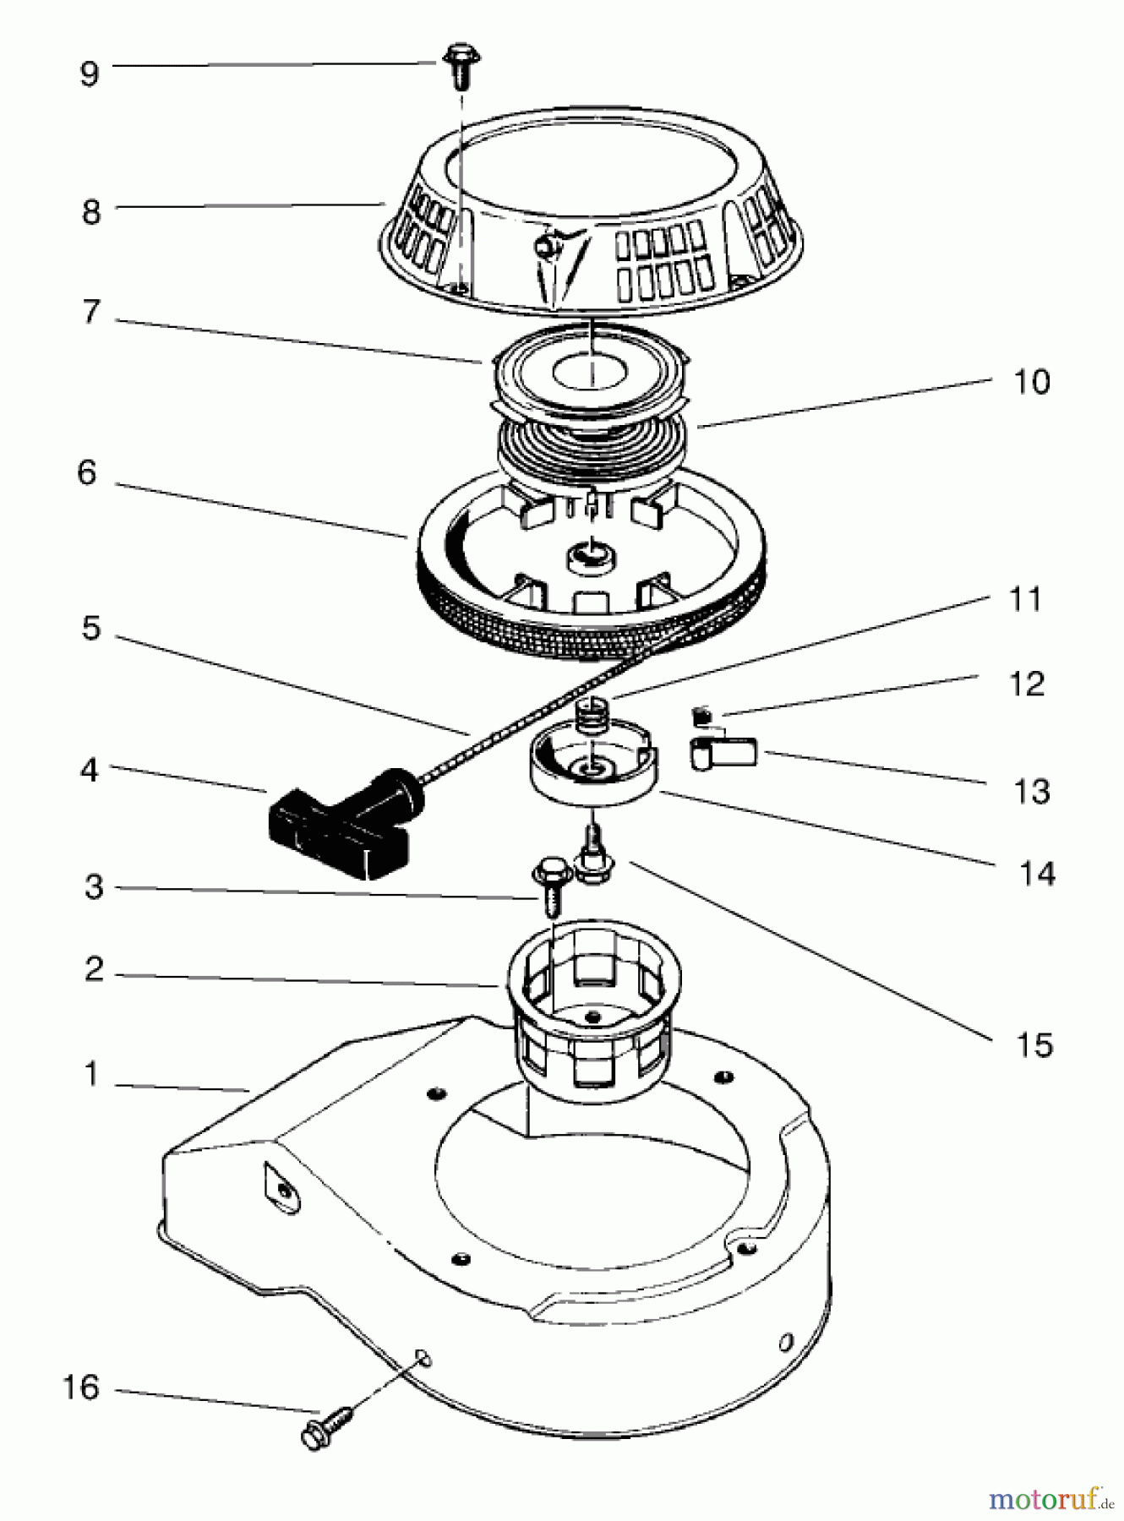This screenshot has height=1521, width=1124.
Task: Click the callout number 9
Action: click(x=89, y=74)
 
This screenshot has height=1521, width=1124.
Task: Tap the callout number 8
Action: click(x=91, y=211)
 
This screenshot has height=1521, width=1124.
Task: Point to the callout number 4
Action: click(x=90, y=770)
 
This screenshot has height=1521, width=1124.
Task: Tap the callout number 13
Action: click(x=1032, y=792)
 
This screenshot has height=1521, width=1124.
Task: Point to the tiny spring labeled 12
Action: click(x=701, y=717)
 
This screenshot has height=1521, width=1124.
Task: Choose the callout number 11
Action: click(x=1025, y=600)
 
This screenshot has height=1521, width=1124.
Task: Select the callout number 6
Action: click(x=87, y=473)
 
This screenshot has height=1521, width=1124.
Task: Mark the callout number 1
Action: click(x=91, y=1075)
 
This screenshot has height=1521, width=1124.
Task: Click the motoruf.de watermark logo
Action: click(x=1050, y=1500)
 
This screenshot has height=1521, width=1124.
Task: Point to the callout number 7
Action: click(x=91, y=313)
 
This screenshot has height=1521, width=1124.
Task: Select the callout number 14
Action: click(x=1037, y=873)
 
